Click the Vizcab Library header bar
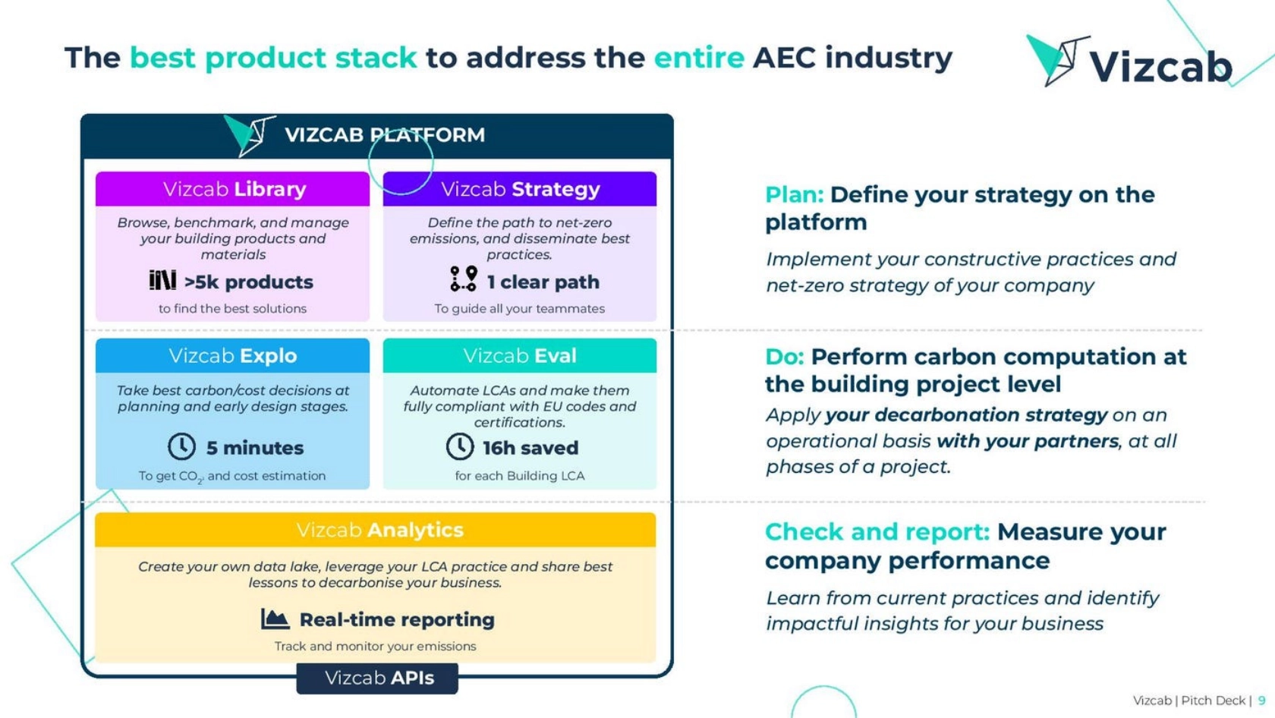click(x=232, y=189)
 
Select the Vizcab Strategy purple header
click(x=520, y=189)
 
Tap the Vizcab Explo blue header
click(x=232, y=356)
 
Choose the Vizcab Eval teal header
click(x=520, y=356)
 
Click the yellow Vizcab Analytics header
click(x=376, y=530)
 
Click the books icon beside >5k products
click(x=162, y=280)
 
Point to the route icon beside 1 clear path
click(x=464, y=279)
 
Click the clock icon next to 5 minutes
click(x=181, y=446)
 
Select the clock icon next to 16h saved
click(x=460, y=446)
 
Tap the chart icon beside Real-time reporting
click(x=275, y=619)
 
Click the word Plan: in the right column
click(x=795, y=195)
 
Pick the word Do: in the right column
click(x=785, y=357)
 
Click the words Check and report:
click(x=877, y=532)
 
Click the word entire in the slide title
click(x=699, y=58)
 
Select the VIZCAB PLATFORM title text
click(x=385, y=135)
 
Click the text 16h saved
click(x=530, y=448)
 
